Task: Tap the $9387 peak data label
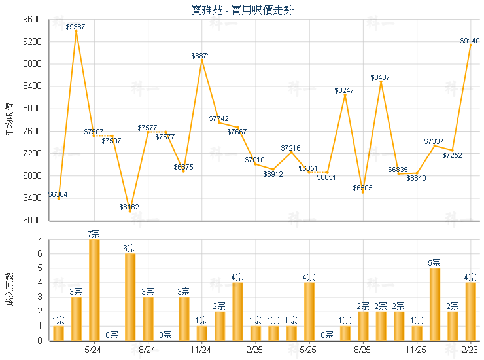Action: click(76, 27)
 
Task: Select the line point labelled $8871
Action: click(201, 60)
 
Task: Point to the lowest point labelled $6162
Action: click(130, 211)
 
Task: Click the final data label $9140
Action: click(470, 41)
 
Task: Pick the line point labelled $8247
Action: click(345, 94)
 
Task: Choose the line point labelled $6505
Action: click(362, 192)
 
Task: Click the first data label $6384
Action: click(58, 194)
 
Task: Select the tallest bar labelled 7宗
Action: click(94, 290)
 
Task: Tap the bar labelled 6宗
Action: click(130, 297)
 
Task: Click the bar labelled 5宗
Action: click(434, 304)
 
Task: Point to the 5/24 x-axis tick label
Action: click(94, 351)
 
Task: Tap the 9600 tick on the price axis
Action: click(33, 20)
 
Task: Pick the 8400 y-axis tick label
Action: click(33, 86)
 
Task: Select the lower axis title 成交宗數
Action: click(9, 290)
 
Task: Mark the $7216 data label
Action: click(290, 149)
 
